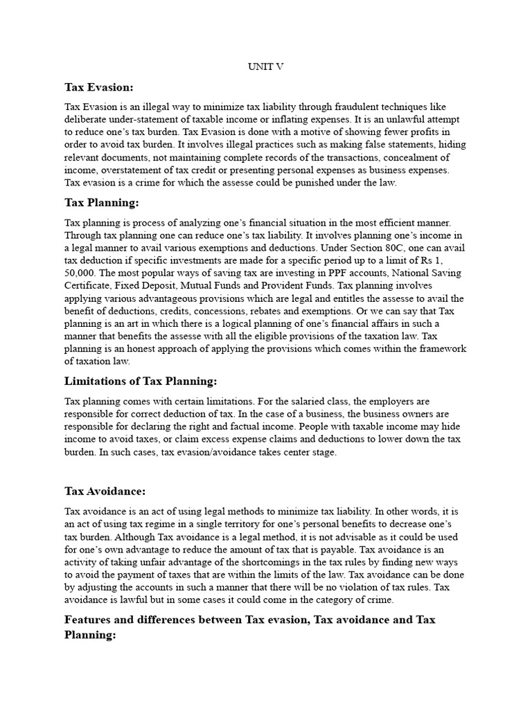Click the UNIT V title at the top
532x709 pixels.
tap(266, 66)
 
